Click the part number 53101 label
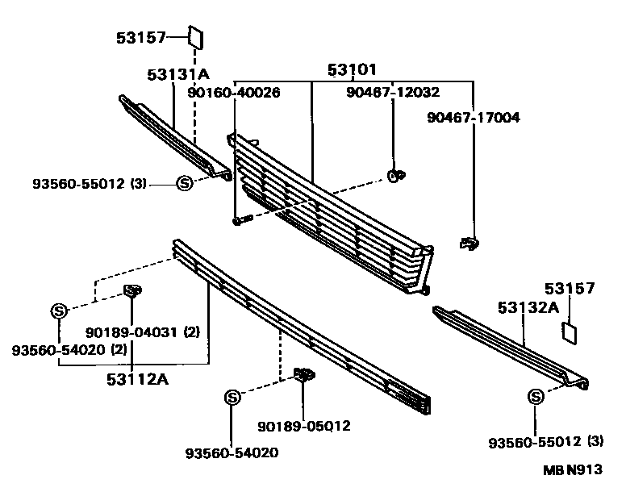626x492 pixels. (352, 70)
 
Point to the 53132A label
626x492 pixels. (528, 307)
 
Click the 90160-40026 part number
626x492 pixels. (234, 94)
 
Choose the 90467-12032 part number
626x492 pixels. (393, 93)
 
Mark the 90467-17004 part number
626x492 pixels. (474, 117)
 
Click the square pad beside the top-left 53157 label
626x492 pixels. (196, 37)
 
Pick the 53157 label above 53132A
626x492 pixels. (569, 288)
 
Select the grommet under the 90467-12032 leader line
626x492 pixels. (395, 175)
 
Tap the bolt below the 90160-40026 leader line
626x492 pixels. (240, 219)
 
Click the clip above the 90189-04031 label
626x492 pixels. (132, 291)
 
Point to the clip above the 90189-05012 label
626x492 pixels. (304, 375)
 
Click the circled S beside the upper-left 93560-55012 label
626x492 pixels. (184, 184)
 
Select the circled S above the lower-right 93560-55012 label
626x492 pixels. (535, 396)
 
